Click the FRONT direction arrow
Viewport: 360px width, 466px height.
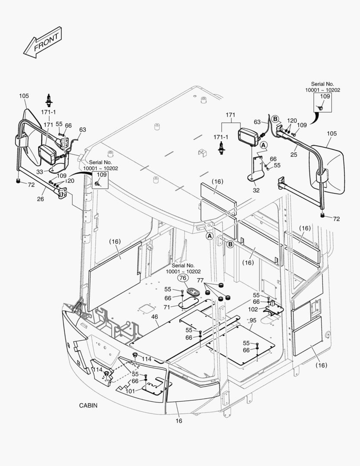point(42,43)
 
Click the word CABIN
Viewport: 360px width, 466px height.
point(88,406)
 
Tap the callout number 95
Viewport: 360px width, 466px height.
point(253,320)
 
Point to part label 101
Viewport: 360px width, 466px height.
point(130,391)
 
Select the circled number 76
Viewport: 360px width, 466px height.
point(183,279)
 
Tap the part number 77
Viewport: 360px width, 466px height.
point(200,280)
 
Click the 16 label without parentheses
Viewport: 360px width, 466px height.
point(178,421)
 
